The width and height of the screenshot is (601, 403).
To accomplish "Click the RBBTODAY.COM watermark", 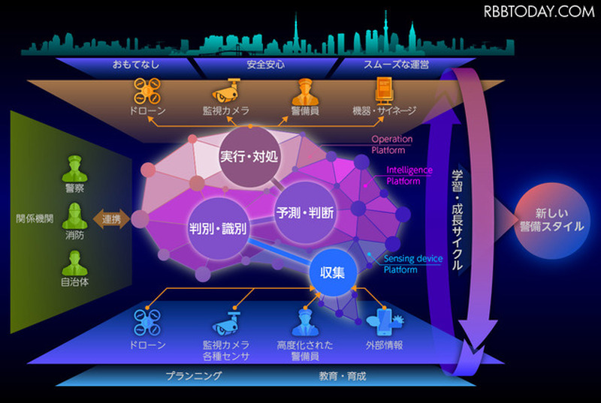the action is tap(539, 12).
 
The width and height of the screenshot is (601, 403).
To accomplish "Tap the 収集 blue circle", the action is tap(333, 272).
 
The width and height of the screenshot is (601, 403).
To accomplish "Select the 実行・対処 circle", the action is tap(249, 157).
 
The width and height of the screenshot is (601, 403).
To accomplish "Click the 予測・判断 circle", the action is tap(305, 213).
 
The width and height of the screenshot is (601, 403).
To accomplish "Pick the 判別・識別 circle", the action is tap(218, 229).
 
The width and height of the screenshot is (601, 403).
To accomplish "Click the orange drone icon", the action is tap(147, 91).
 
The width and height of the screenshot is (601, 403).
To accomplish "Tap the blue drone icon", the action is tap(147, 322).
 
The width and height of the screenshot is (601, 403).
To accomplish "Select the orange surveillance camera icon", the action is tap(226, 90).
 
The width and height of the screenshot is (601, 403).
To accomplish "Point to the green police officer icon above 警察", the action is tap(74, 169).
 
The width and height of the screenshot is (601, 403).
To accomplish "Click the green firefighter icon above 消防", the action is tap(74, 216).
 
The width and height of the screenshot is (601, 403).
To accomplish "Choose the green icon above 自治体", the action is tap(74, 263).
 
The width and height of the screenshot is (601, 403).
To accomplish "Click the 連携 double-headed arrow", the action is tap(111, 219).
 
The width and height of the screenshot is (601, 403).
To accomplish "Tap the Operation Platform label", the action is tap(391, 145).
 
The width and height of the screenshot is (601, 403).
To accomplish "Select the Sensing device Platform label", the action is tap(413, 264).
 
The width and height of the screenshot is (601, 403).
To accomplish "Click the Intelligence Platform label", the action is tap(409, 176).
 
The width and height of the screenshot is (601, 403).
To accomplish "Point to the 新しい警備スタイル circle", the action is tap(552, 220).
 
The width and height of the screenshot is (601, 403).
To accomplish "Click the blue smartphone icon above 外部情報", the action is tap(385, 322).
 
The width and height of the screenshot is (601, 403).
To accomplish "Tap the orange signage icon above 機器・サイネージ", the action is tap(384, 91).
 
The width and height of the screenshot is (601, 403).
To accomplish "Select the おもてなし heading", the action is tap(136, 65).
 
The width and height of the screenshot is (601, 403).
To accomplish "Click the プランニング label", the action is tap(194, 376).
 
